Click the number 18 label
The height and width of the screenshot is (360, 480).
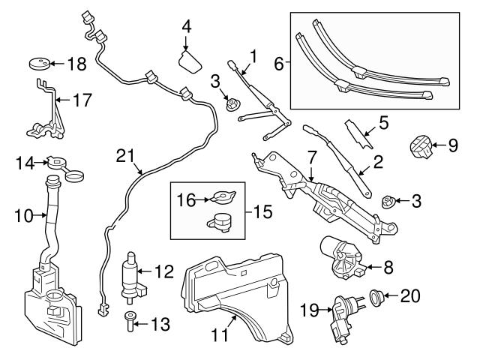[x=77, y=64]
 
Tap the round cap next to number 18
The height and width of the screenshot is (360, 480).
[x=38, y=63]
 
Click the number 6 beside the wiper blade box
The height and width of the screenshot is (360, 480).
[x=278, y=64]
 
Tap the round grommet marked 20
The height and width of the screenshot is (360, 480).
[x=376, y=296]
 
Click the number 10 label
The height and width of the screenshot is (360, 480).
[x=24, y=217]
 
